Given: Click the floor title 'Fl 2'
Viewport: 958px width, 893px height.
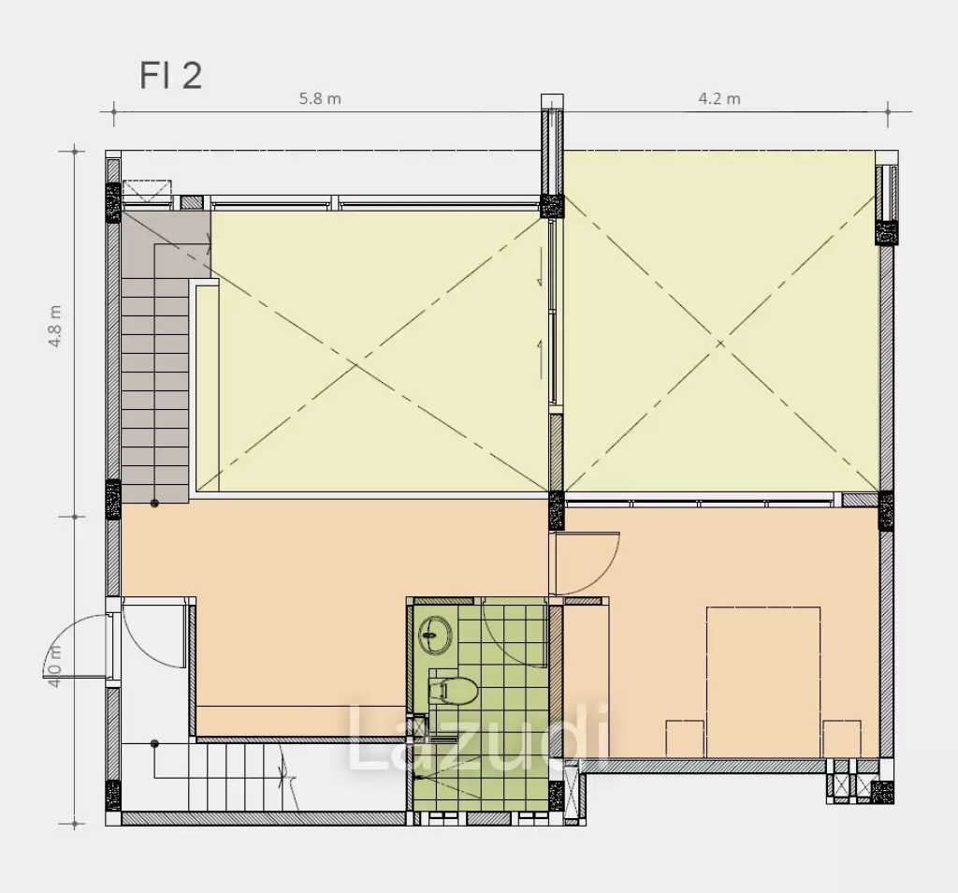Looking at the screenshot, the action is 170,76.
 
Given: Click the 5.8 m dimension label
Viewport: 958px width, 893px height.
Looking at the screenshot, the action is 320,98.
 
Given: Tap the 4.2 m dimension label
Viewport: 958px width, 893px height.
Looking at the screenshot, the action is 719,98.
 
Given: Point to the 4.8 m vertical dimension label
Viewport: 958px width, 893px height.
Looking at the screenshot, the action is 55,327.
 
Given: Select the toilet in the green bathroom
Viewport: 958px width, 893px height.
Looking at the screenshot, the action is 454,691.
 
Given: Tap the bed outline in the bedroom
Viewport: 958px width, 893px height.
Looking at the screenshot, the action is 763,681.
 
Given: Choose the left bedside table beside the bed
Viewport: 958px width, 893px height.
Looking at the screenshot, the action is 685,739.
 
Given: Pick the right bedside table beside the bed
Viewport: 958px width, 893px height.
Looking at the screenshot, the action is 841,739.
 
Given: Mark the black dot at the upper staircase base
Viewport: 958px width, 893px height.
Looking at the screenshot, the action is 154,503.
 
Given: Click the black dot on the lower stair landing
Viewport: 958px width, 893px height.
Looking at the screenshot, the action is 154,744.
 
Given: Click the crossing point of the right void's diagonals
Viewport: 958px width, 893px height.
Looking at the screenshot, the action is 721,344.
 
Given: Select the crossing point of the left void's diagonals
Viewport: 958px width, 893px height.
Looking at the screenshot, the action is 356,365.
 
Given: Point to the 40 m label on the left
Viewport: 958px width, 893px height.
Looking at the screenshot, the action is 55,666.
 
